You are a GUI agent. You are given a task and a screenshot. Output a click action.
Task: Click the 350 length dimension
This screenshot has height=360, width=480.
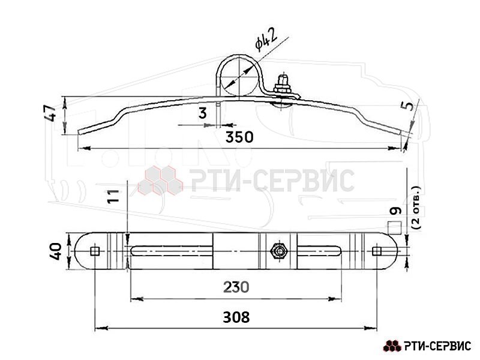click(x=239, y=137)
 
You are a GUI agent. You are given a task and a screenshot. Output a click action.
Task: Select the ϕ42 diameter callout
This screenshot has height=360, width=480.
click(x=266, y=39)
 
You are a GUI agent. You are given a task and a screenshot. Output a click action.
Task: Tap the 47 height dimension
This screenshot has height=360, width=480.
click(x=50, y=113)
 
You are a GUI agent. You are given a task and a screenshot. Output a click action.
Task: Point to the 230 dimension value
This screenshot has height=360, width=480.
click(x=236, y=287)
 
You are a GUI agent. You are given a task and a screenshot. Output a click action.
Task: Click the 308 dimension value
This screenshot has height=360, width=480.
click(x=236, y=317)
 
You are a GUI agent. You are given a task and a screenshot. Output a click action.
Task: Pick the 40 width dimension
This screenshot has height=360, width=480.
click(x=56, y=251)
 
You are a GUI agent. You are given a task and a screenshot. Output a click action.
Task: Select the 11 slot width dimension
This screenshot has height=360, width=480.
click(x=113, y=196)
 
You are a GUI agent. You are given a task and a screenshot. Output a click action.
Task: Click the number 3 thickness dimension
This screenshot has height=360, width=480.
click(x=203, y=113)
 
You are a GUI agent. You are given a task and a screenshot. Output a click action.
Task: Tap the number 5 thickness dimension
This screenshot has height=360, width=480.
click(x=407, y=106)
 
